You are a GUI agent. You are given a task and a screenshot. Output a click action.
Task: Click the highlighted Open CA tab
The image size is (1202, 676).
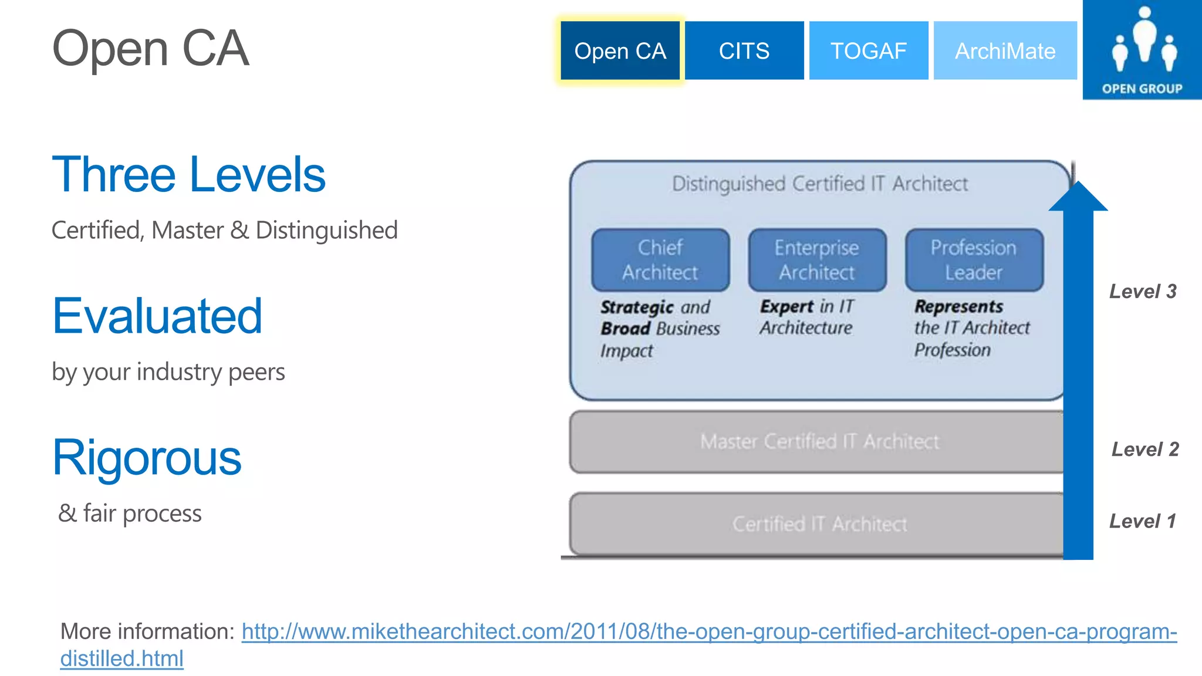620,51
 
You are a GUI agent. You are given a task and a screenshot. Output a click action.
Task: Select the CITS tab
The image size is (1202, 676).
744,51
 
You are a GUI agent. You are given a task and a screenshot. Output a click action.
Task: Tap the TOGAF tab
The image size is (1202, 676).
868,51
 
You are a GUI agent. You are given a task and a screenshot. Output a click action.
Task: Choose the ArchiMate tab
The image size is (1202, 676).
1005,51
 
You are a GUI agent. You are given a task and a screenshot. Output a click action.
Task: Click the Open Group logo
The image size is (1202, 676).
1142,50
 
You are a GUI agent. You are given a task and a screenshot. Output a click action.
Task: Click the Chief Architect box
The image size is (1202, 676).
660,260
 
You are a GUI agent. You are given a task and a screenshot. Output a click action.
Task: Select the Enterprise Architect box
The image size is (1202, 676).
817,260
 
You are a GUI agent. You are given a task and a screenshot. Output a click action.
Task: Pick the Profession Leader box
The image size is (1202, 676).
974,260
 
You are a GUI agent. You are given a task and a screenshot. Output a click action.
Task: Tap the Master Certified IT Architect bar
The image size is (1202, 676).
819,441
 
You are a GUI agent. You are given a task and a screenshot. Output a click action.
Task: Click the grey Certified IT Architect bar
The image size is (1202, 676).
819,523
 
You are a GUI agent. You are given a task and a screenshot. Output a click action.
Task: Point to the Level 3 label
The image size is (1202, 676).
1142,292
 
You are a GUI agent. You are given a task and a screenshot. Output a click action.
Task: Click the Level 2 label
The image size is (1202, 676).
1144,449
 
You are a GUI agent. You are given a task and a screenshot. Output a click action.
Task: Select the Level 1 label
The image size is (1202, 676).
1142,521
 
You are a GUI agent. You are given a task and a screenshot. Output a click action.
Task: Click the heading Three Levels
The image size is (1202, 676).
188,174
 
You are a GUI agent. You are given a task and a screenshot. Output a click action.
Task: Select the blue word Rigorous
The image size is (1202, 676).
147,458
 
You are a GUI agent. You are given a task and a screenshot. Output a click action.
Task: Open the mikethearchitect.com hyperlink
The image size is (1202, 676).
708,632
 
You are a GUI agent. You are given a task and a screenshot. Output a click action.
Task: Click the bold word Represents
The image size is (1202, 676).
958,306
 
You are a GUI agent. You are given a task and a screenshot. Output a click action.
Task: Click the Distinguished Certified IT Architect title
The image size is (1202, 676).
819,184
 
